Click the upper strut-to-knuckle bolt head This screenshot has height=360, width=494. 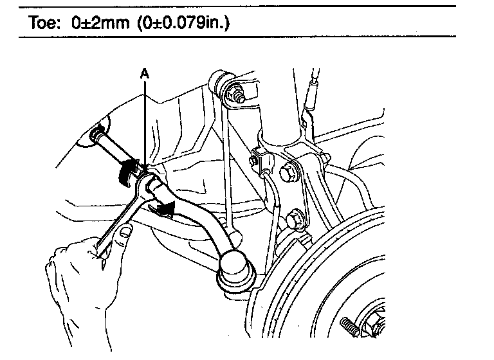click(x=288, y=174)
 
